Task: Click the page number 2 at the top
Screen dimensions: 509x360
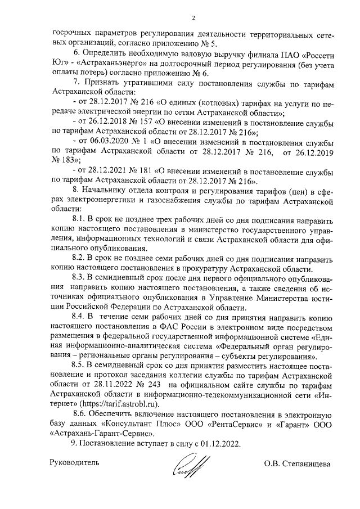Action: (193, 17)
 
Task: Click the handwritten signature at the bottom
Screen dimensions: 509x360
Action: (188, 464)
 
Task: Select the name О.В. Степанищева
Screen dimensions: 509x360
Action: (298, 464)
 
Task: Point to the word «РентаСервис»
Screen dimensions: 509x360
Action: (219, 425)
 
